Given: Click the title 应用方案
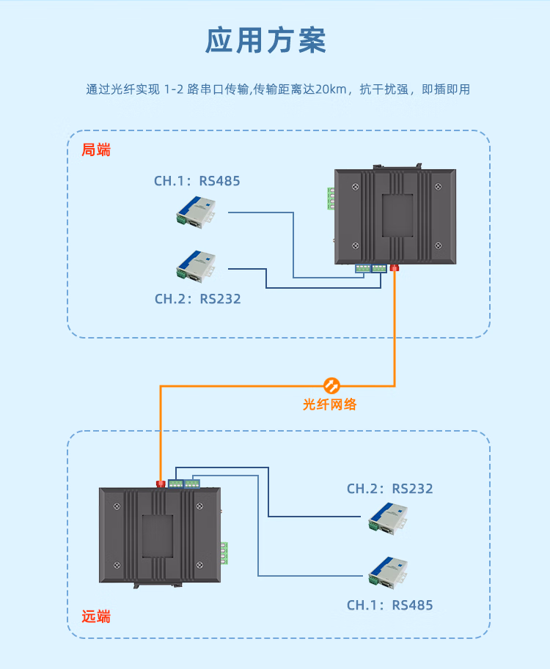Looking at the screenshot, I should [x=265, y=41].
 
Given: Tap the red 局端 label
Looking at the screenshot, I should [x=96, y=150].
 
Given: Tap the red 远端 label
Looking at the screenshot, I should [x=96, y=616].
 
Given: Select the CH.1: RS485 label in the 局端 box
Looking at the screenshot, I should [x=197, y=181].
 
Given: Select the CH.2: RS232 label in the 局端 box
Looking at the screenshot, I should [x=197, y=299].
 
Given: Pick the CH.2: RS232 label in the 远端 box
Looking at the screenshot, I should [x=389, y=489].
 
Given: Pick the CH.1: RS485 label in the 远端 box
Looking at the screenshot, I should [x=389, y=605].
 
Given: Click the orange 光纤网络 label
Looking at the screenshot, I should [x=330, y=404].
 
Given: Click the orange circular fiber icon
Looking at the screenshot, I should [x=331, y=384].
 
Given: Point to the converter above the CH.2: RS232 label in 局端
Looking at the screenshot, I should [x=196, y=265].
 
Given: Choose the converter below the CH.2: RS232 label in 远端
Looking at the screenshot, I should [x=389, y=517].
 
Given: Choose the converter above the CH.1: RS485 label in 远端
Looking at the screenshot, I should [x=389, y=573].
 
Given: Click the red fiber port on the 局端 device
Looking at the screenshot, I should [x=395, y=267].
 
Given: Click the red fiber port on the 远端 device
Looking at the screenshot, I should [x=161, y=483].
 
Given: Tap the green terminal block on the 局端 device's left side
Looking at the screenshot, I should [x=331, y=199].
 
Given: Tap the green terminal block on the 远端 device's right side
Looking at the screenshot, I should [x=224, y=553].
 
